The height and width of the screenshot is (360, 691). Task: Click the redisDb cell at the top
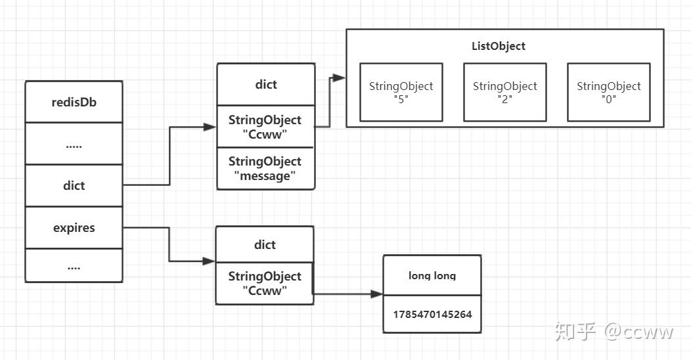pyautogui.click(x=74, y=102)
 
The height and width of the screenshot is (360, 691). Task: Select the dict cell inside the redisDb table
pyautogui.click(x=74, y=185)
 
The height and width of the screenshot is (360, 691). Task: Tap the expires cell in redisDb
pyautogui.click(x=74, y=228)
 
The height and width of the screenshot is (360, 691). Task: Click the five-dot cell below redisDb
pyautogui.click(x=74, y=144)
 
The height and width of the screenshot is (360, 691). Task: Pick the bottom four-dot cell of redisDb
pyautogui.click(x=74, y=265)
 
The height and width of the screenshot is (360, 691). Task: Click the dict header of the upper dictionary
pyautogui.click(x=266, y=84)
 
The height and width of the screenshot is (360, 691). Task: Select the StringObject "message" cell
pyautogui.click(x=266, y=169)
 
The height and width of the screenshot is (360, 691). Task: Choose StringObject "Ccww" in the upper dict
pyautogui.click(x=266, y=127)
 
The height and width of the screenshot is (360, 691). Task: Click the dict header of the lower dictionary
pyautogui.click(x=265, y=244)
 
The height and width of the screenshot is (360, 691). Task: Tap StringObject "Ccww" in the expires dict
pyautogui.click(x=265, y=283)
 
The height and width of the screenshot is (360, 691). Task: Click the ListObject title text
pyautogui.click(x=499, y=46)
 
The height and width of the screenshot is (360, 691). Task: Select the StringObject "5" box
pyautogui.click(x=401, y=92)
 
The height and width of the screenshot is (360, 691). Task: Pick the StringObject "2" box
pyautogui.click(x=504, y=92)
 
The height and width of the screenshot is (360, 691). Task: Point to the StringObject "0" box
pyautogui.click(x=608, y=92)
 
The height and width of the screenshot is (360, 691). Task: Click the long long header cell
pyautogui.click(x=432, y=275)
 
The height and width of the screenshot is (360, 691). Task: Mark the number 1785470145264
pyautogui.click(x=432, y=314)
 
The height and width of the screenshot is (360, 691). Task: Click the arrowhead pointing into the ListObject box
pyautogui.click(x=339, y=78)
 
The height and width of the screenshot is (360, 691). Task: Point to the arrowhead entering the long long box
pyautogui.click(x=376, y=294)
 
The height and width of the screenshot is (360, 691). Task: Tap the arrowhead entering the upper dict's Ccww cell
pyautogui.click(x=210, y=127)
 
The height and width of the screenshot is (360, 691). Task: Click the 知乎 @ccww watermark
pyautogui.click(x=613, y=331)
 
